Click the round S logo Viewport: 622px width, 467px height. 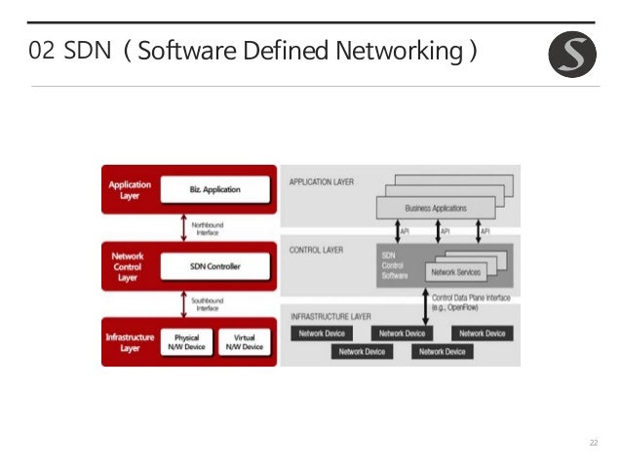click(x=572, y=54)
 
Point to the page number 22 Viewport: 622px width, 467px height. click(x=592, y=444)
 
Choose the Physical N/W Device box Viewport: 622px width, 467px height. click(x=187, y=341)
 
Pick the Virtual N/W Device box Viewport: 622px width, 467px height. click(x=244, y=341)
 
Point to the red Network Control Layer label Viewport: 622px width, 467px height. click(x=129, y=264)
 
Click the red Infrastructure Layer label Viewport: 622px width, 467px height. click(x=129, y=341)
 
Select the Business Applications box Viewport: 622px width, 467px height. click(x=436, y=208)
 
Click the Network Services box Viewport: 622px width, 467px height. click(x=456, y=272)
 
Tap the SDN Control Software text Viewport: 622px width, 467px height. click(x=395, y=263)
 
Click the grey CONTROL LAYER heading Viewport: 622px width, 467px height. click(x=316, y=250)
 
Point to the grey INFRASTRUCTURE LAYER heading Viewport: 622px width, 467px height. click(x=330, y=318)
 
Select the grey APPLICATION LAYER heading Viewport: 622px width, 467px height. click(x=322, y=181)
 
